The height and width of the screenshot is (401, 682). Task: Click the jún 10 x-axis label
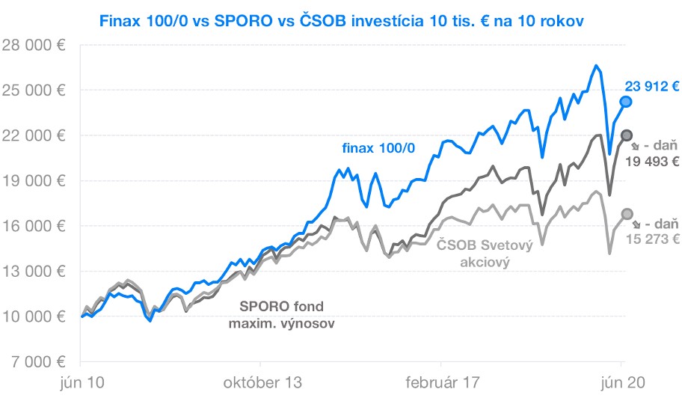[81, 383]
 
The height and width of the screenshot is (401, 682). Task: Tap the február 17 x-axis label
[442, 383]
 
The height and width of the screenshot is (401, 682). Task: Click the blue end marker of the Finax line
[626, 101]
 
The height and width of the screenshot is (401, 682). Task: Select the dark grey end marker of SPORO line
[627, 135]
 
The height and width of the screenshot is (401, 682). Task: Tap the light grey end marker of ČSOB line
[627, 214]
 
